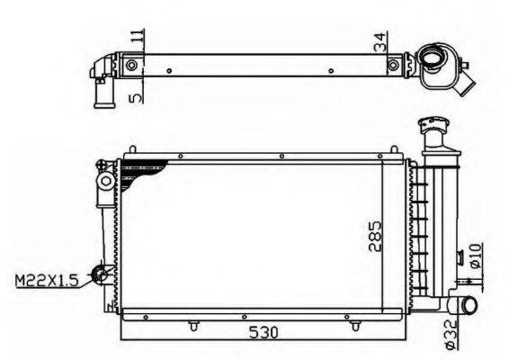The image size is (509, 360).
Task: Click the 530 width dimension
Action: [263, 332]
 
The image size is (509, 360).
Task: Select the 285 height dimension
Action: [375, 236]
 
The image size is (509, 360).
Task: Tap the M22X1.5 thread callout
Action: [47, 281]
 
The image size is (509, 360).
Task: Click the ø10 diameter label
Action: [475, 256]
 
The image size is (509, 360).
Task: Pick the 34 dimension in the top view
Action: [381, 42]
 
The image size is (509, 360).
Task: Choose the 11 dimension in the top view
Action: [138, 37]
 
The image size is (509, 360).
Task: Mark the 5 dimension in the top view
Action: [137, 97]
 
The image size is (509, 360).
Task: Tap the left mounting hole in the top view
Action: [131, 66]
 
